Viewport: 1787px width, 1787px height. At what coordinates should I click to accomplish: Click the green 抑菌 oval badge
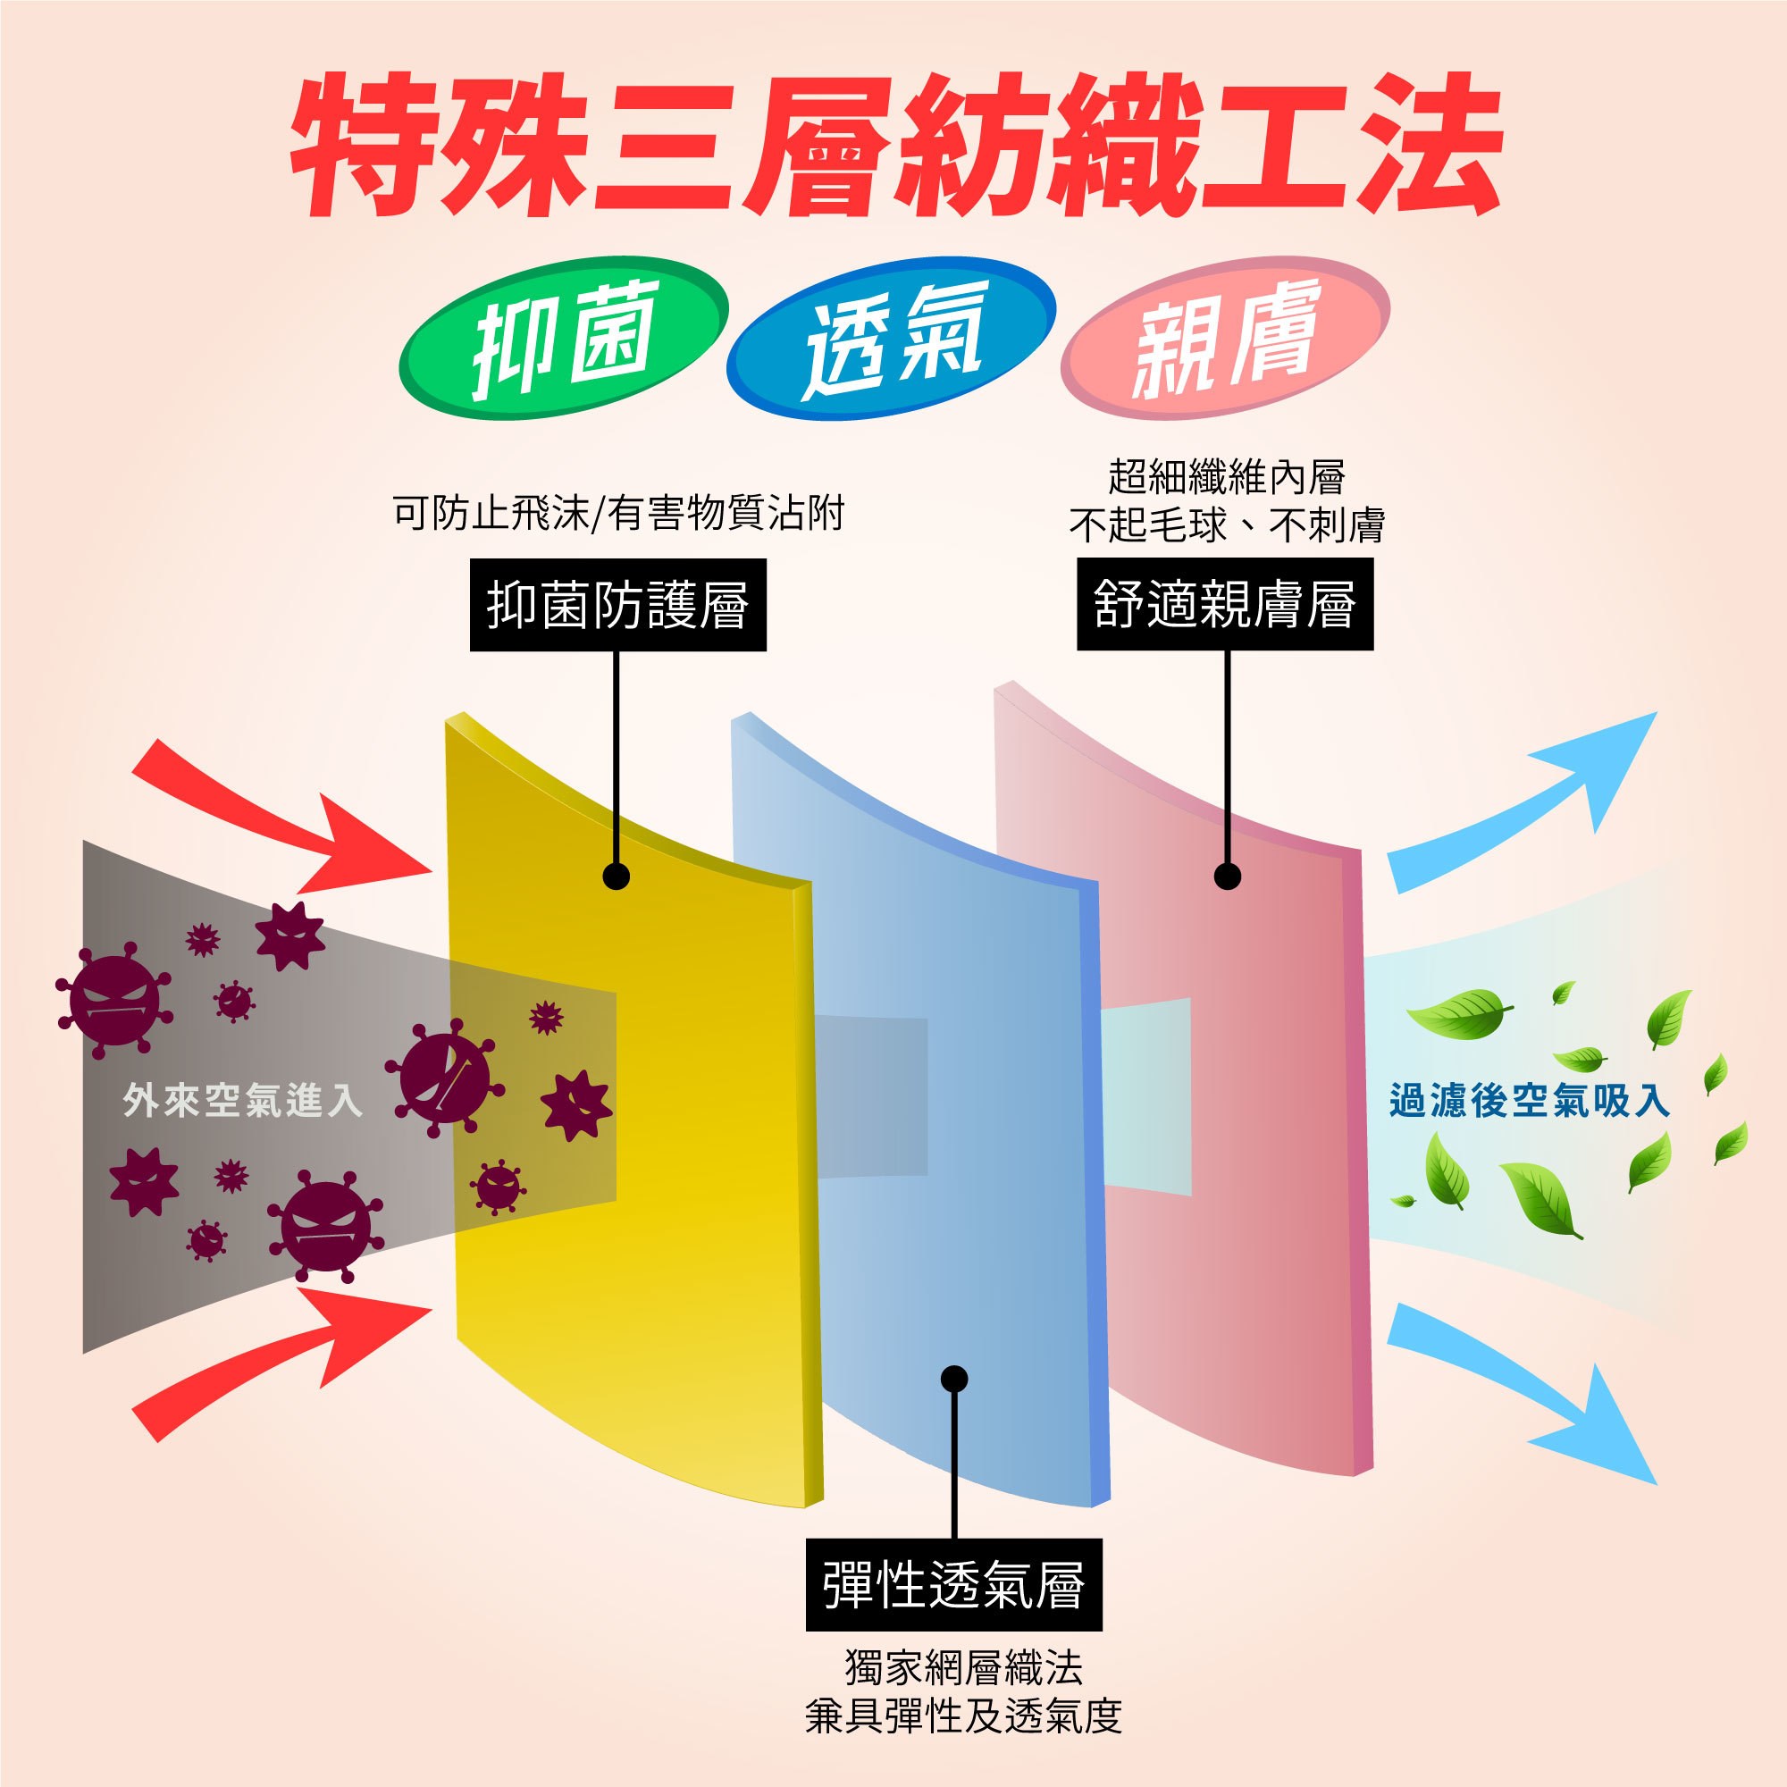pos(563,339)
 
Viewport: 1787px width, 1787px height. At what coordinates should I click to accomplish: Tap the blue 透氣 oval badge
pos(891,339)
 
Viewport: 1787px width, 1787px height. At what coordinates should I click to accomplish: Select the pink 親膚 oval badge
pos(1225,339)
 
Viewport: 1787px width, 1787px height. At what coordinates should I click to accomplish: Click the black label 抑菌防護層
pos(618,605)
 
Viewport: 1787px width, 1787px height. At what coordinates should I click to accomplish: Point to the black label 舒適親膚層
pos(1225,604)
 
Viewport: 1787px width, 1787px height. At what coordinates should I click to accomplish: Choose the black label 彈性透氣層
pos(953,1584)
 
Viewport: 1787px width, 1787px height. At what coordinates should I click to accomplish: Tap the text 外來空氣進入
pos(242,1101)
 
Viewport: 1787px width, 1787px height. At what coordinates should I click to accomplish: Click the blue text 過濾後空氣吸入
pos(1529,1101)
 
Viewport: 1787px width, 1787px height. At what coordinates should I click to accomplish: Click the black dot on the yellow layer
pos(616,876)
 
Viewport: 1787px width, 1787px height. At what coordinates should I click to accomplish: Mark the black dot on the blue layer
pos(953,1379)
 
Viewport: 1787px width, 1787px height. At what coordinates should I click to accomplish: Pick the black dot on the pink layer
pos(1228,876)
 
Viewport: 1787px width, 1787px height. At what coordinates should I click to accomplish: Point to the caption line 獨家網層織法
pos(963,1667)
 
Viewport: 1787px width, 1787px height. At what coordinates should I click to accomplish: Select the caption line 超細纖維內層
pos(1227,477)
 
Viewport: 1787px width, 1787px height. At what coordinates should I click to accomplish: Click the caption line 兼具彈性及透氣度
pos(963,1716)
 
